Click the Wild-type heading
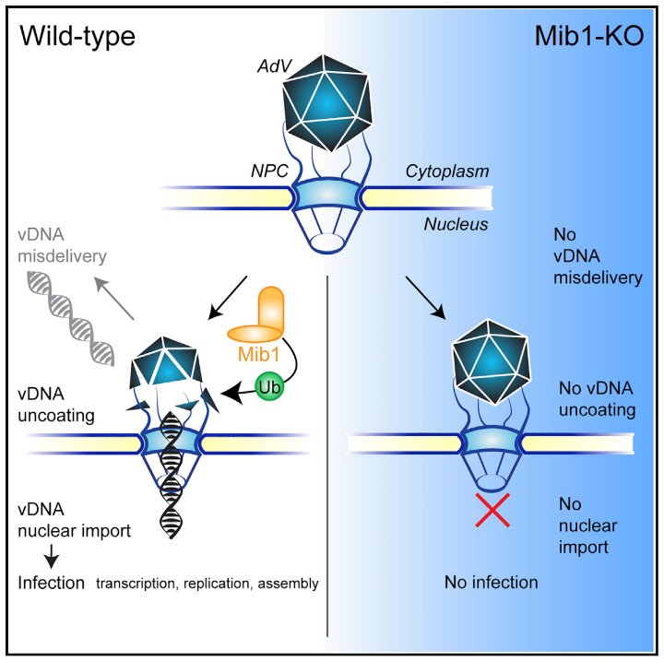point(78,36)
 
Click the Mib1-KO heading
point(587,36)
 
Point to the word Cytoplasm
point(446,171)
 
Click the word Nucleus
point(455,223)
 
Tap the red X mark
point(491,510)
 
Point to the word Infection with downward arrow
point(52,583)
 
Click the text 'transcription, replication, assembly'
point(207,584)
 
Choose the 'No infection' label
point(491,582)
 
